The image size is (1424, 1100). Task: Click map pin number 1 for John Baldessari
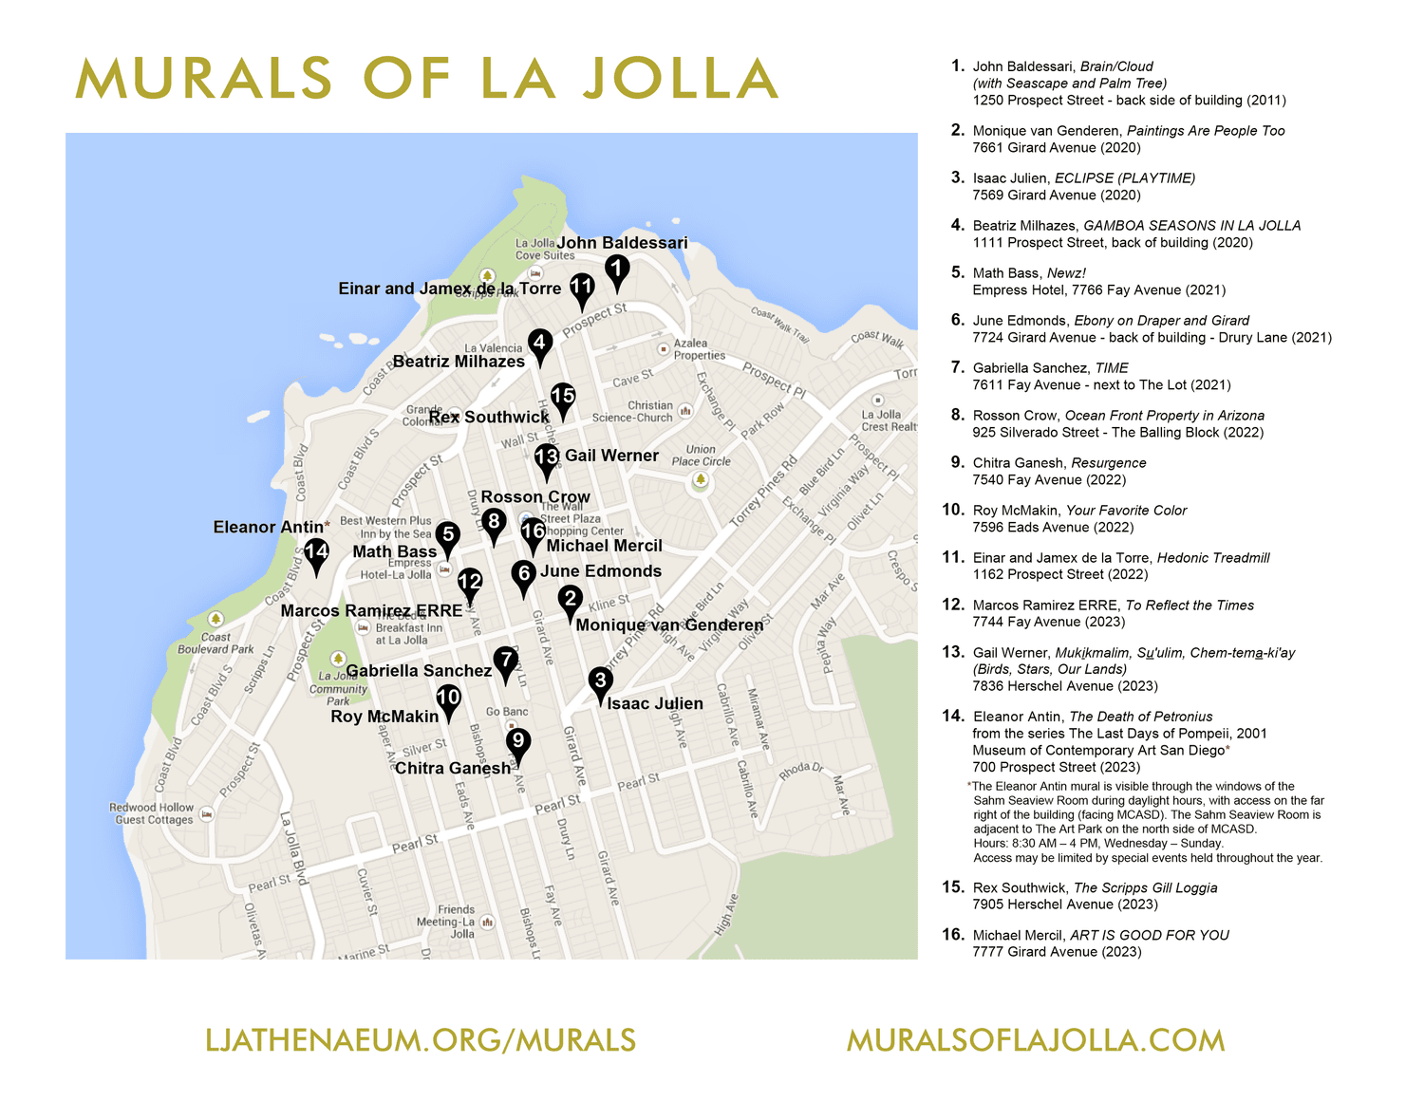click(617, 270)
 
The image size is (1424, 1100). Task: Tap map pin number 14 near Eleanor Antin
click(316, 553)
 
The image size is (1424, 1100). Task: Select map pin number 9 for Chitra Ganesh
click(517, 742)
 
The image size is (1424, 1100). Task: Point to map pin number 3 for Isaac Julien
click(600, 682)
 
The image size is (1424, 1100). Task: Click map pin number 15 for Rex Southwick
click(563, 398)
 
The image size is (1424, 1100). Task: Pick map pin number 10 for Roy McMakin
click(448, 700)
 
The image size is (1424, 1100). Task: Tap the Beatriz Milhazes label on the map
click(459, 362)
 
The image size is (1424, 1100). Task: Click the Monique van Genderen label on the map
click(669, 625)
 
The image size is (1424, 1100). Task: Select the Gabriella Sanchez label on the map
click(419, 671)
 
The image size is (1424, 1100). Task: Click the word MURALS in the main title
click(203, 79)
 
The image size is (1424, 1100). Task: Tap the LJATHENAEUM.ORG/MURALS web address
click(421, 1040)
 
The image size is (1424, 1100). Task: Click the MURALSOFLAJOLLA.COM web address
click(1036, 1040)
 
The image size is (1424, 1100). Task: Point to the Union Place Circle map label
click(701, 456)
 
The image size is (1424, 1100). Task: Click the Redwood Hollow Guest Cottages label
click(154, 813)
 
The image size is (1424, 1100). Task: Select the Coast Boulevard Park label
click(215, 643)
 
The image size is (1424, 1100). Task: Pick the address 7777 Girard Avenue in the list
click(1057, 952)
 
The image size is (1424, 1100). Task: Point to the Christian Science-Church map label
click(633, 411)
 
